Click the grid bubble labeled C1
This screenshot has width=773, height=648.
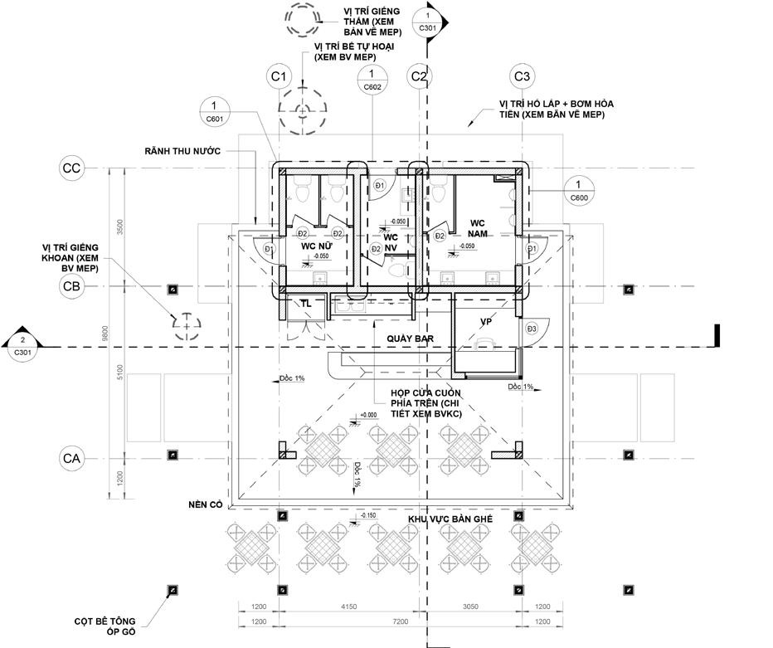tap(279, 77)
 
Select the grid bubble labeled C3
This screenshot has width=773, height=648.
tap(522, 77)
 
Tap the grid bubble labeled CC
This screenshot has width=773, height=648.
tap(71, 168)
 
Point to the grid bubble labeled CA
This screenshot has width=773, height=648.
tap(71, 456)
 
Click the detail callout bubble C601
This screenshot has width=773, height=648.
tap(215, 112)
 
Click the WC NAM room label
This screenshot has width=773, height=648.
tap(477, 228)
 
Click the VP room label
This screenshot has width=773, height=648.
tap(487, 321)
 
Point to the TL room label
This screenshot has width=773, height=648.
tap(306, 304)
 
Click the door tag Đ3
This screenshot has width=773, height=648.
tap(532, 330)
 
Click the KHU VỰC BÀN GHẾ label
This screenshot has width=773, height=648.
tap(450, 519)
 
